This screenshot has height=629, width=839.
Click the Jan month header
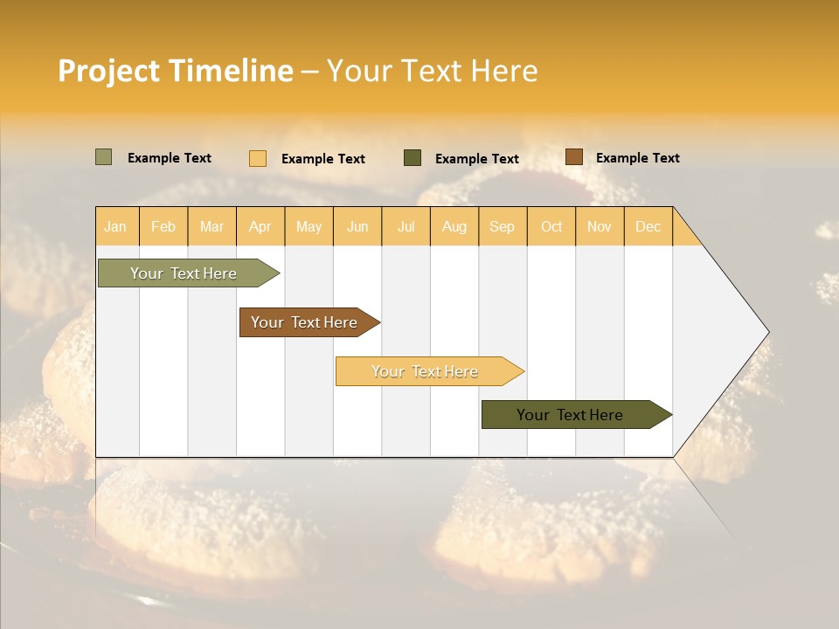tap(116, 226)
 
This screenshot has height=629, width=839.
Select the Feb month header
tap(163, 226)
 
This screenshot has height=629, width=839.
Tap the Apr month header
tap(260, 226)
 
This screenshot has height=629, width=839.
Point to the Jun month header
tap(357, 226)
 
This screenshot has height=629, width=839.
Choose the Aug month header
tap(454, 226)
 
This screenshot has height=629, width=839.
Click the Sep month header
tap(503, 226)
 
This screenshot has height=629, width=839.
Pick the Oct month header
tap(551, 226)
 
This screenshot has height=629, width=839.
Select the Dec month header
tap(648, 226)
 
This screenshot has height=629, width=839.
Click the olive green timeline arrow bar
tap(184, 273)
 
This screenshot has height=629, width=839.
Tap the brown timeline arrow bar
tap(305, 322)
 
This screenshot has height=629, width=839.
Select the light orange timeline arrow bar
tap(426, 371)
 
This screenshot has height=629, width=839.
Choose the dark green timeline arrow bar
tap(571, 415)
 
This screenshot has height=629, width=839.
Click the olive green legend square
tap(104, 157)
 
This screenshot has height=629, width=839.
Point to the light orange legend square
tap(258, 158)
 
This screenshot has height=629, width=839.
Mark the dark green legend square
tap(413, 158)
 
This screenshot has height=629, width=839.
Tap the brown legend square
tap(574, 157)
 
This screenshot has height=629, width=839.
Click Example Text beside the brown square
tap(638, 158)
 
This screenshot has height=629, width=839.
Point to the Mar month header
tap(211, 226)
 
